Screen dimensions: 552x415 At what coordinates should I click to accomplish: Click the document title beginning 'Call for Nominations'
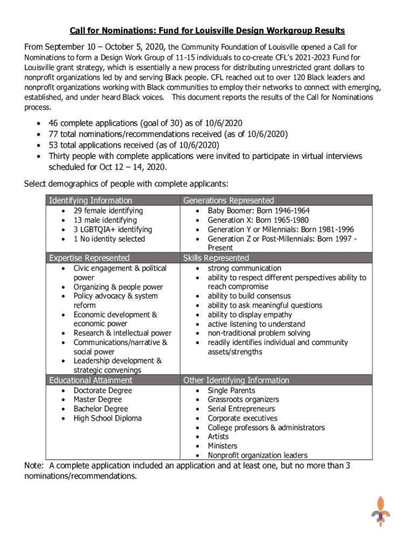click(207, 31)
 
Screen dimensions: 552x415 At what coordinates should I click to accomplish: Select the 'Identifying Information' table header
click(91, 201)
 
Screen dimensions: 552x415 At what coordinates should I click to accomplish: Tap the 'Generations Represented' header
click(229, 201)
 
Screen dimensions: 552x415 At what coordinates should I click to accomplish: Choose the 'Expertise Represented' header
click(89, 258)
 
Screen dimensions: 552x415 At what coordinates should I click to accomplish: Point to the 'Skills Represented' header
click(216, 258)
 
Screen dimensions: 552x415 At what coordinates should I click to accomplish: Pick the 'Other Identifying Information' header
click(236, 381)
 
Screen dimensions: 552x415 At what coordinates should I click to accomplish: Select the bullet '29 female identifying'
click(108, 211)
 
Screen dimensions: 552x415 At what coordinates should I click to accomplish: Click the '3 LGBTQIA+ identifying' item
click(113, 230)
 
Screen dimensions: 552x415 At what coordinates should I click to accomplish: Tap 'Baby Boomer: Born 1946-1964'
click(259, 211)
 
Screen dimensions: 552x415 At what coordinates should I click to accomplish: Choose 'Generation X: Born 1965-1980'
click(258, 220)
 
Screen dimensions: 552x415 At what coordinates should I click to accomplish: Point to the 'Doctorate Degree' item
click(102, 390)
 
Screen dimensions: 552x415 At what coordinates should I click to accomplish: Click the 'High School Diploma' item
click(108, 418)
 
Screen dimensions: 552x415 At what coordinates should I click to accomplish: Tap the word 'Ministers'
click(223, 446)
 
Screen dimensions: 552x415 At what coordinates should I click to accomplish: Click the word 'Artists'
click(218, 437)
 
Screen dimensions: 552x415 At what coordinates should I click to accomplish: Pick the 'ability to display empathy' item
click(250, 315)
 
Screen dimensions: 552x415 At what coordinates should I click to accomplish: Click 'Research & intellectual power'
click(122, 333)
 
